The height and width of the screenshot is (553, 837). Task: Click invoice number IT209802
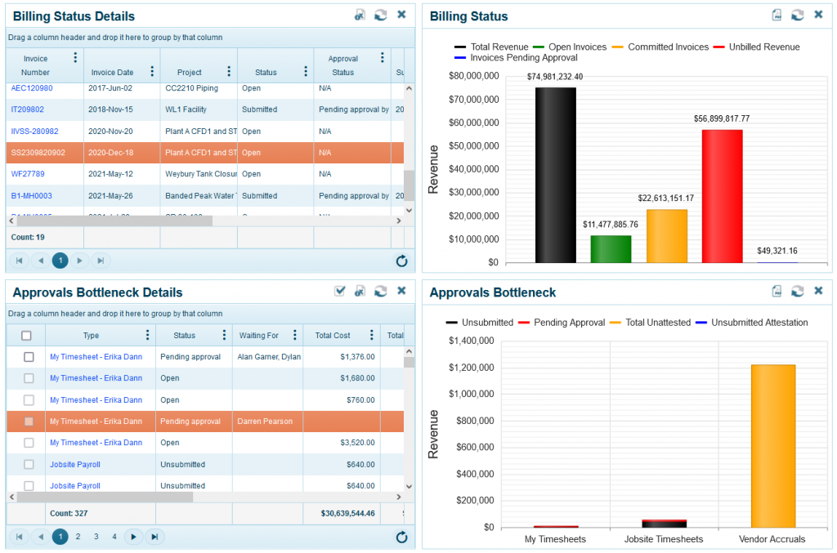(x=28, y=109)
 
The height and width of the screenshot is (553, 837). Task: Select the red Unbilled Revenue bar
(x=722, y=196)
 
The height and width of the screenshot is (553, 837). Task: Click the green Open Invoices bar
(x=611, y=248)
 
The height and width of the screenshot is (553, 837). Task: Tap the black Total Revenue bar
(x=555, y=175)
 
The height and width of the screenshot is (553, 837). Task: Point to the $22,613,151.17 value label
(x=666, y=198)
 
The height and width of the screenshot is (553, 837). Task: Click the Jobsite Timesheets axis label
(x=664, y=539)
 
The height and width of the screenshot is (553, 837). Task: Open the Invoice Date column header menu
(x=152, y=72)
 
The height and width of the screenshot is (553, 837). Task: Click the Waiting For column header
(x=259, y=336)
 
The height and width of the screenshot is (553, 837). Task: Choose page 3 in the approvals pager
(x=96, y=537)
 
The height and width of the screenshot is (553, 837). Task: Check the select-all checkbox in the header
(x=26, y=336)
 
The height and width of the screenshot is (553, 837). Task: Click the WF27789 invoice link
(x=28, y=174)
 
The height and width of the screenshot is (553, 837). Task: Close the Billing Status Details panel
(x=401, y=15)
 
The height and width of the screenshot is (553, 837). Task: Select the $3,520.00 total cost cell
(x=354, y=443)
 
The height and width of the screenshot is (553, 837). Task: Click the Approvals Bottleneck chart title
(x=493, y=292)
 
